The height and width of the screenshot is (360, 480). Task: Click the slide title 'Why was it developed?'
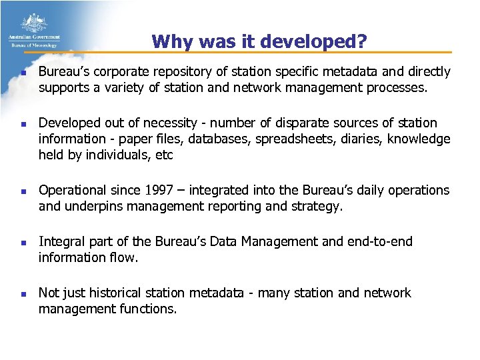[259, 41]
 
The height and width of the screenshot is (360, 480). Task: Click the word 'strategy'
[317, 206]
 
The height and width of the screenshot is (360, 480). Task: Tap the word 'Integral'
[59, 241]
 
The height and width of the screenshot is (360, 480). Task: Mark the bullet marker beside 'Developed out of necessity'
[22, 124]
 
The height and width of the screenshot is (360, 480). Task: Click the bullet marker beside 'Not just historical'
[22, 293]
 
